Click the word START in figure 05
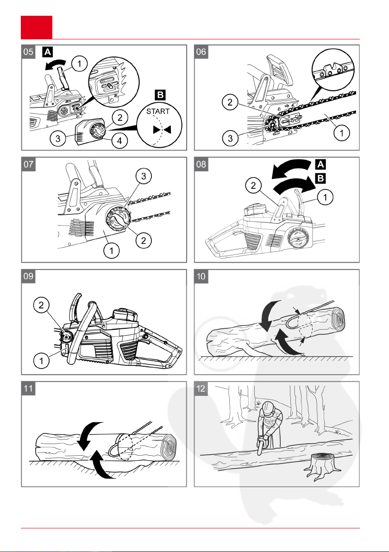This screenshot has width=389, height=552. pos(158,112)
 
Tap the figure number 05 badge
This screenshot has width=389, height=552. pos(28,52)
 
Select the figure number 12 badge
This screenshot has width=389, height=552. pos(201,389)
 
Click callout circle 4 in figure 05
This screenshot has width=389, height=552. pos(119,141)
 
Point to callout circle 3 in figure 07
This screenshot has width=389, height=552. pos(144,176)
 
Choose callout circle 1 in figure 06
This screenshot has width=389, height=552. pos(341,133)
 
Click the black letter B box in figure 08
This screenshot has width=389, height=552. pos(320,178)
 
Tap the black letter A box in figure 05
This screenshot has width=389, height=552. pos(47,52)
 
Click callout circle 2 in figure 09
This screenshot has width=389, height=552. pos(41,305)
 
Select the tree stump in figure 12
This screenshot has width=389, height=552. pos(322,467)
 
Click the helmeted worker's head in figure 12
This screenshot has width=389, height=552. pos(269,408)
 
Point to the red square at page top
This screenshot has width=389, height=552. pos(37,27)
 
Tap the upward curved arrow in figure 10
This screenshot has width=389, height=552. pos(286,342)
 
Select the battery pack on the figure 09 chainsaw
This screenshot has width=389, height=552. pos(125,315)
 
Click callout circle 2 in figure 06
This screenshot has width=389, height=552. pos(230,102)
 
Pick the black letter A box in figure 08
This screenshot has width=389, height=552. pos(320,164)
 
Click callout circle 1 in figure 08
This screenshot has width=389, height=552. pos(325,197)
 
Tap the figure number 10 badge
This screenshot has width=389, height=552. pos(201,276)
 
